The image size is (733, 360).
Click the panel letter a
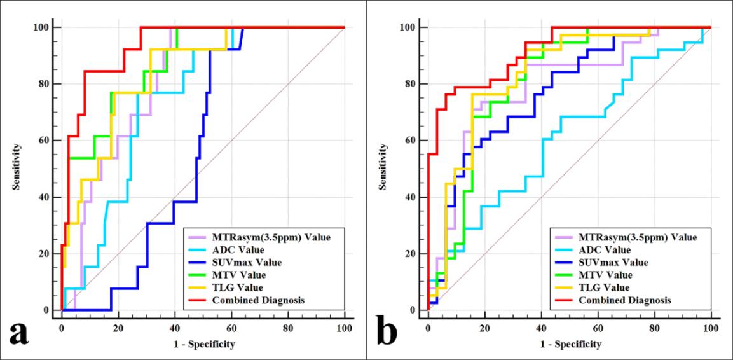coord(18,333)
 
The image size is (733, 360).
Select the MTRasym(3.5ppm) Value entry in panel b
coord(627,237)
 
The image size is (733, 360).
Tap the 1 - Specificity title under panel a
coord(203,345)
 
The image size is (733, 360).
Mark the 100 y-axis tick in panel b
coord(409,27)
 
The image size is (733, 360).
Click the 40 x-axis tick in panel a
coord(175,328)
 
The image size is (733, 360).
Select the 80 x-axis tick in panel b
coord(654,328)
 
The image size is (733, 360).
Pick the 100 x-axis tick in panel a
coord(345,328)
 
